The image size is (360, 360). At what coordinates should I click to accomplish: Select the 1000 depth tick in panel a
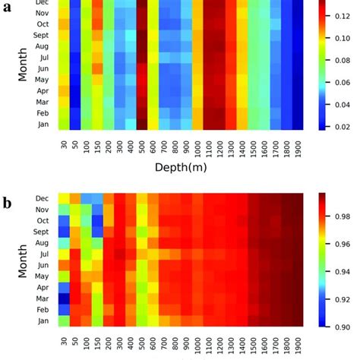(197, 146)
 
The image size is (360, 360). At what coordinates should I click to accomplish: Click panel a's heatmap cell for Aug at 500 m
(142, 46)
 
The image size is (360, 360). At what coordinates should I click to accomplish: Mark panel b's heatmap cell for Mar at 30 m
(64, 299)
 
